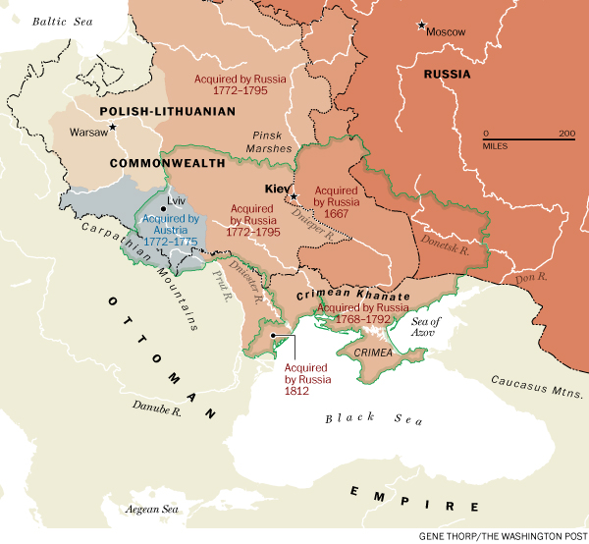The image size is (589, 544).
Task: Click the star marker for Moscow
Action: click(422, 25)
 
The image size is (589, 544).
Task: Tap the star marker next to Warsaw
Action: click(113, 127)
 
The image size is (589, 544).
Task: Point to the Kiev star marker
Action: click(293, 195)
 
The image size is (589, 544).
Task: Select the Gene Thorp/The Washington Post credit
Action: click(505, 534)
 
